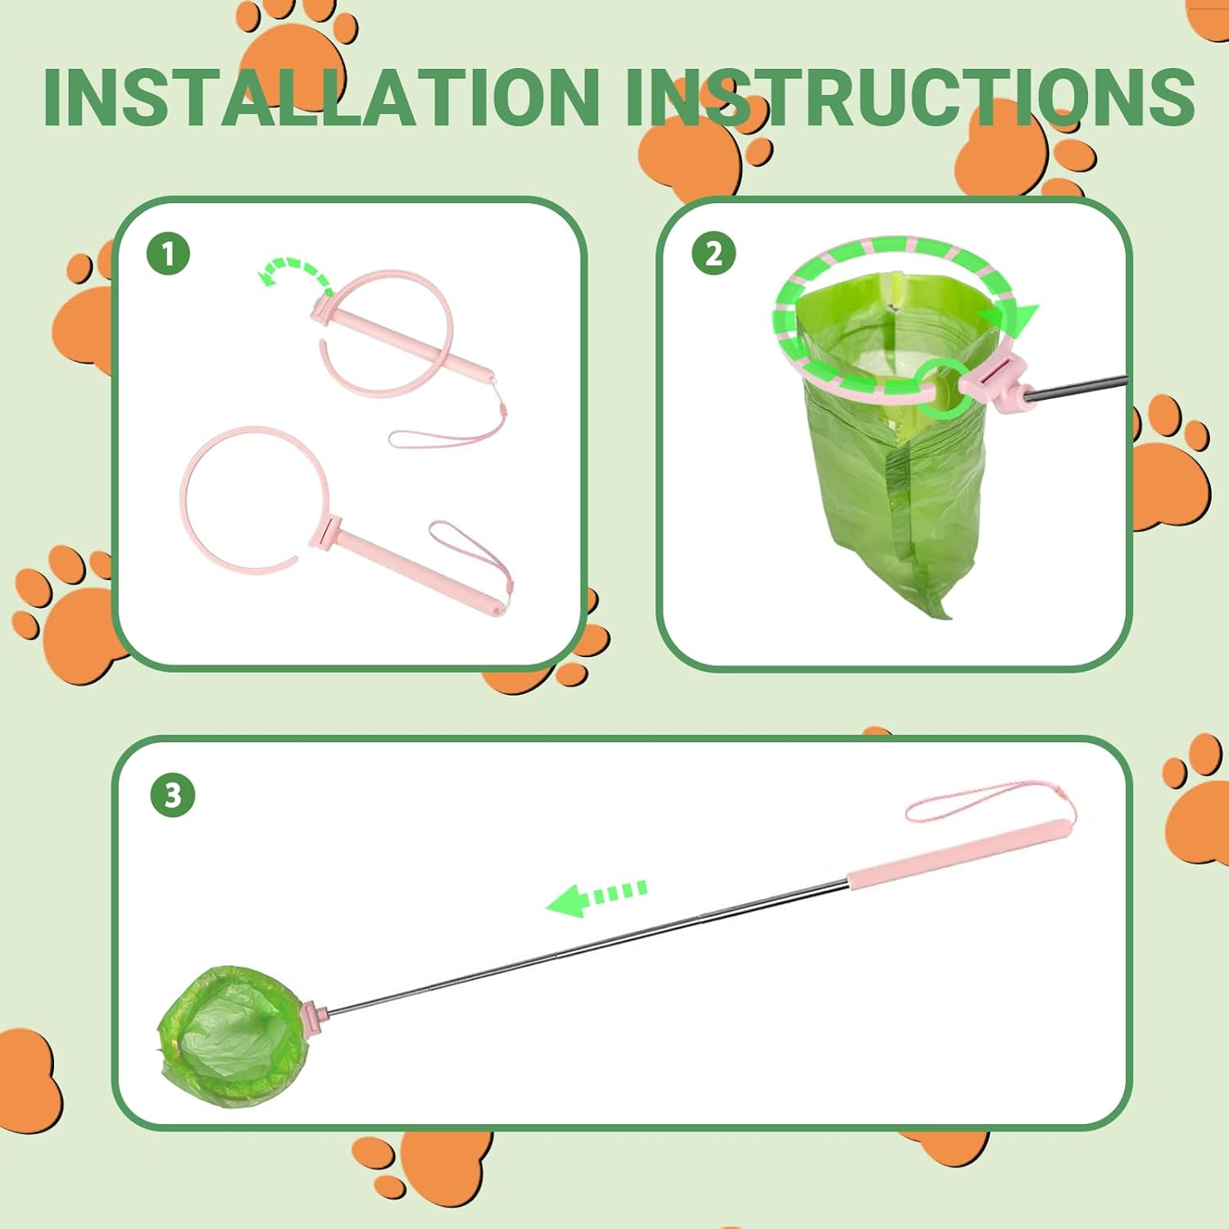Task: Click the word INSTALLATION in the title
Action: pos(322,97)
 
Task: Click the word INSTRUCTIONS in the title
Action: pos(909,97)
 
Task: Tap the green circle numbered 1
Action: pos(169,253)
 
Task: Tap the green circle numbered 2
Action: pos(714,253)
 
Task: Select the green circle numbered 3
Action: pos(173,795)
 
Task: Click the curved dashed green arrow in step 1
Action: pos(295,267)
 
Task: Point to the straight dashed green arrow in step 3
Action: pos(596,897)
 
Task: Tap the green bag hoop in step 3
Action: pos(233,1036)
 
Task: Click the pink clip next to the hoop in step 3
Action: pos(315,1014)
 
